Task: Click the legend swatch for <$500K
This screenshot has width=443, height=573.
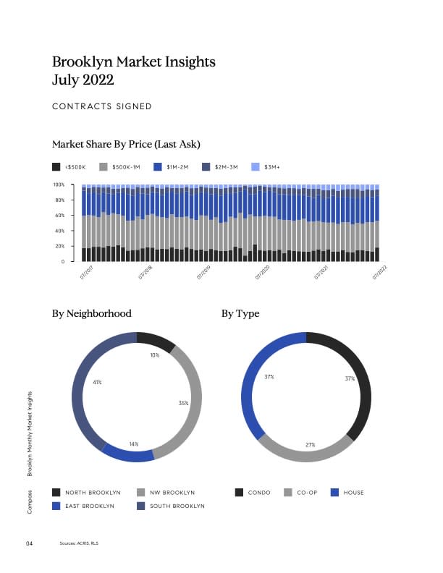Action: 56,166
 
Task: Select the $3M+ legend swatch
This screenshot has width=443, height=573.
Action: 254,166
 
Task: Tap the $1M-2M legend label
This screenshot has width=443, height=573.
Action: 177,166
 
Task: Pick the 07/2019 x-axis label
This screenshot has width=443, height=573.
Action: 203,272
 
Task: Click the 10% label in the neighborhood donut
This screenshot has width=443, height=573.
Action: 155,355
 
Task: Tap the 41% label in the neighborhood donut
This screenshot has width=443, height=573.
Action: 96,382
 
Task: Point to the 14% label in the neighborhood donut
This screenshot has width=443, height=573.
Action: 134,443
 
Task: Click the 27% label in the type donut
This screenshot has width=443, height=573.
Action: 310,444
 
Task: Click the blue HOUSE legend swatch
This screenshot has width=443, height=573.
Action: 334,493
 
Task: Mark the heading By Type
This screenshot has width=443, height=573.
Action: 240,314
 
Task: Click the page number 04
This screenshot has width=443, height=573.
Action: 30,543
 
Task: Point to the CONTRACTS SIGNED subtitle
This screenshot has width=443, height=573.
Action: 102,106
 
